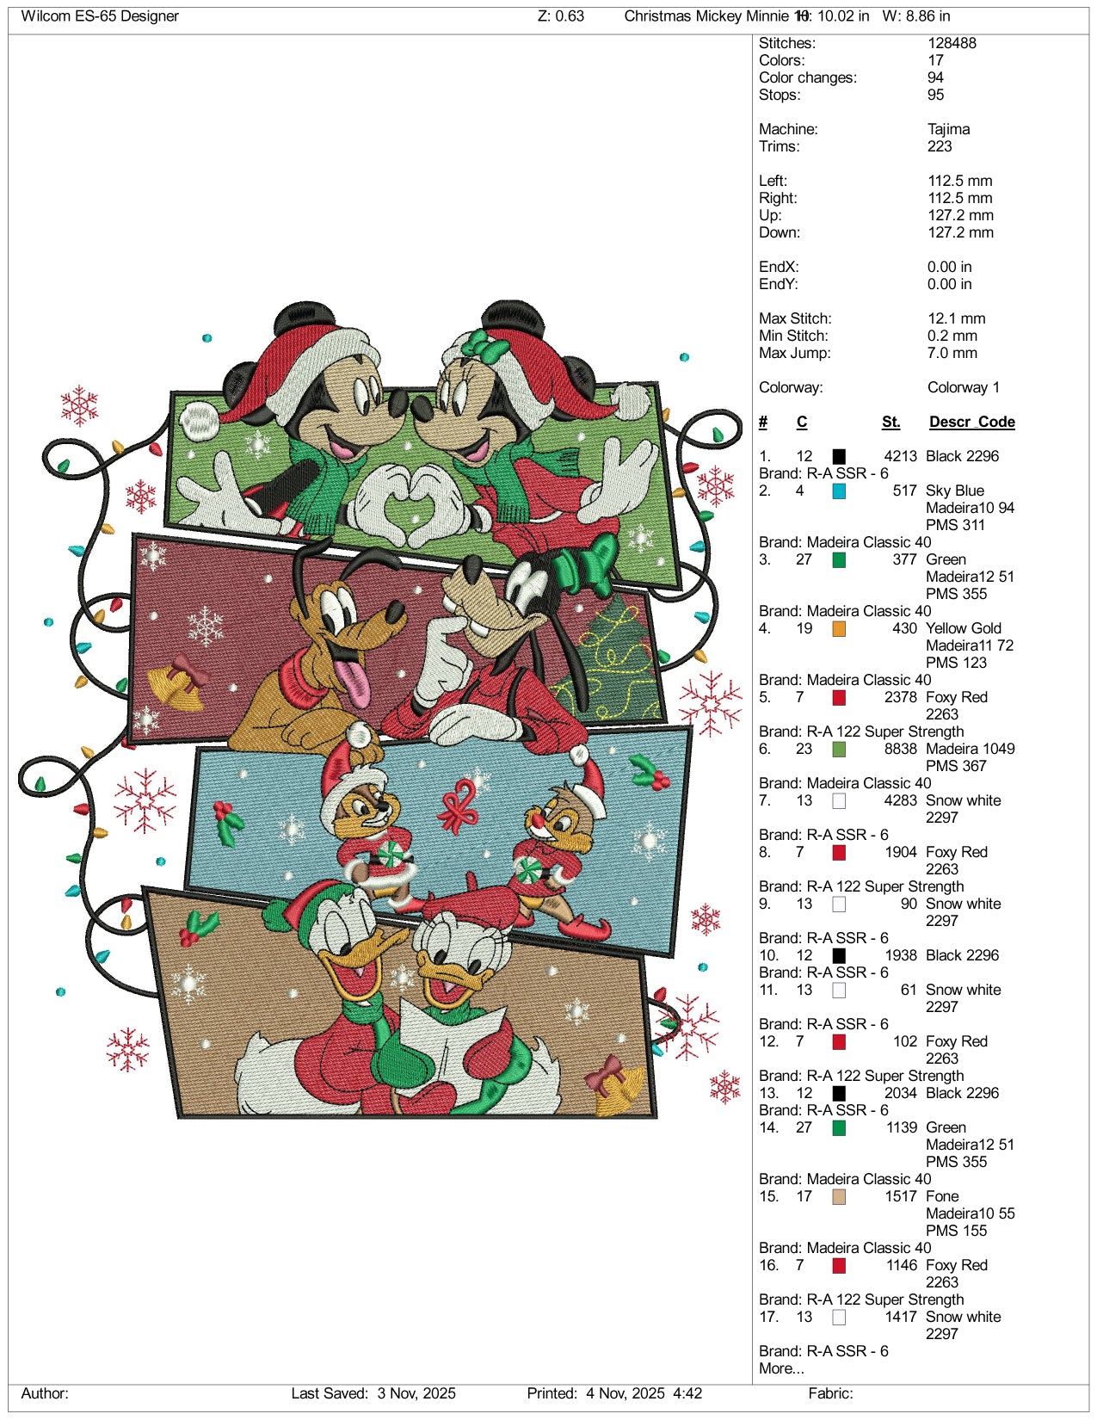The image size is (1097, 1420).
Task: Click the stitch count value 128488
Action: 952,43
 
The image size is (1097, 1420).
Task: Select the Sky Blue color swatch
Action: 839,491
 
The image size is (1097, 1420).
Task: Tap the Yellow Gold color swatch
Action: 839,628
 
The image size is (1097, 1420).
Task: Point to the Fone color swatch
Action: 839,1196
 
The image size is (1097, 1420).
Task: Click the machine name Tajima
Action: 948,129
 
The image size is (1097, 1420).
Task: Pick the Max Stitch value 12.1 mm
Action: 956,318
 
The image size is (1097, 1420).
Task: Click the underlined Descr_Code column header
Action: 971,423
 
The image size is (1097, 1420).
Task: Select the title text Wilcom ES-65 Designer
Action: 100,16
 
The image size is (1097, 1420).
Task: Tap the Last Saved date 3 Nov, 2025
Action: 416,1393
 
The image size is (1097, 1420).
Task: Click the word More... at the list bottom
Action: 781,1368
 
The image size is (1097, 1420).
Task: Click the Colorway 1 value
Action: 963,387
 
